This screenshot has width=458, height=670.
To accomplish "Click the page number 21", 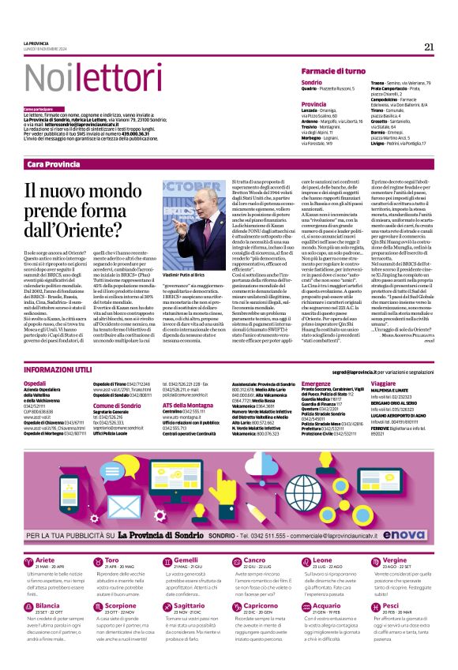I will (429, 47).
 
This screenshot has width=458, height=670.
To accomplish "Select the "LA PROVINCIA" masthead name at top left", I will (37, 43).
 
